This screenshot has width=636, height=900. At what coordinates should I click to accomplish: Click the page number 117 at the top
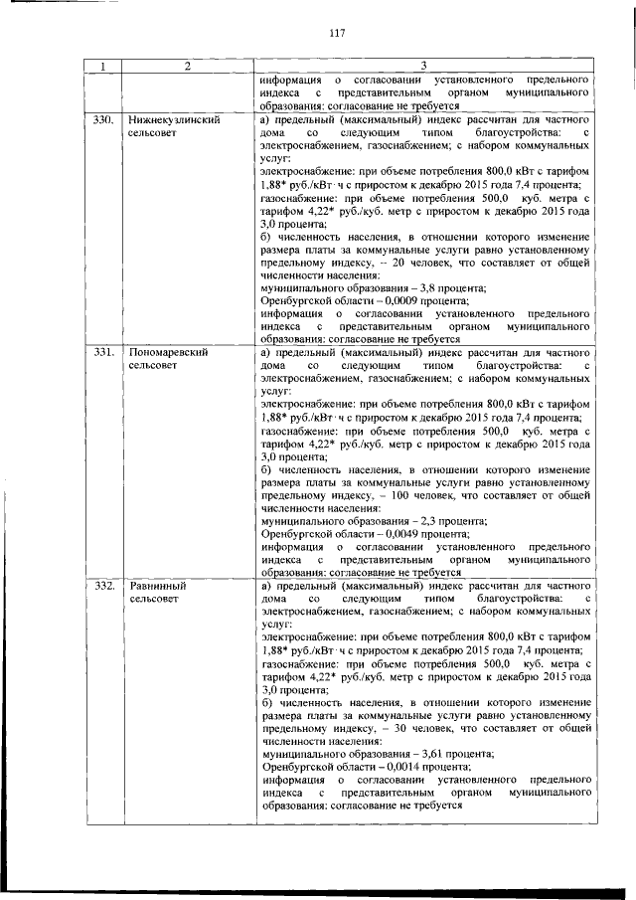[x=336, y=33]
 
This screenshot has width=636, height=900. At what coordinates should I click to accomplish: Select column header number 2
[x=185, y=66]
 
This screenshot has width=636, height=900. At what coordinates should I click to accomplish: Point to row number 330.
[x=102, y=119]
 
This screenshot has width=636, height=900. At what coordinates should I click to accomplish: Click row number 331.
[x=102, y=353]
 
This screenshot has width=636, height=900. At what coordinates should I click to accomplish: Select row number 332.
[x=102, y=587]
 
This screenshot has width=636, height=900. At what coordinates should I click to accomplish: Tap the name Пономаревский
[x=167, y=353]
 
